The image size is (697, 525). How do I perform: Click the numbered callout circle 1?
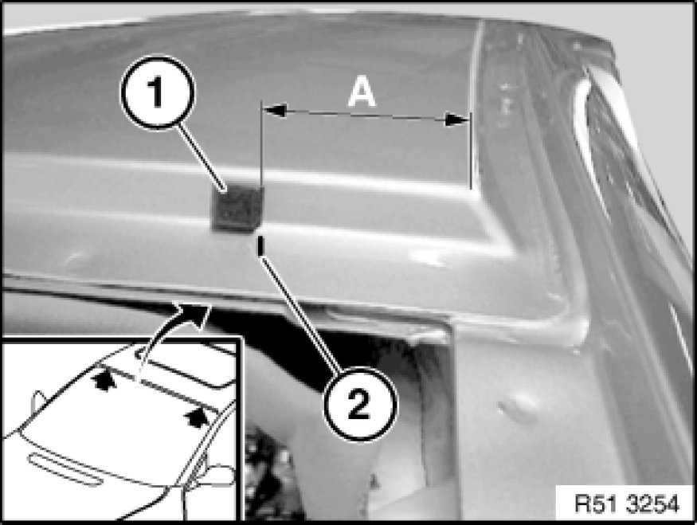[158, 92]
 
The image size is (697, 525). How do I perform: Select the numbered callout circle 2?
[359, 404]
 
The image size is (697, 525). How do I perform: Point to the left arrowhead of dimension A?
[275, 110]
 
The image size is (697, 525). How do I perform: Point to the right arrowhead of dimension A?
[457, 119]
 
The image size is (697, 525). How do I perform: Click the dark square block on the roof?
[237, 208]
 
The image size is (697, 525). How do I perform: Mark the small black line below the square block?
[261, 246]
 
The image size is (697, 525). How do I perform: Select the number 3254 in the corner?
[653, 504]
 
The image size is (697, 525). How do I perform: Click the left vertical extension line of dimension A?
[261, 147]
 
